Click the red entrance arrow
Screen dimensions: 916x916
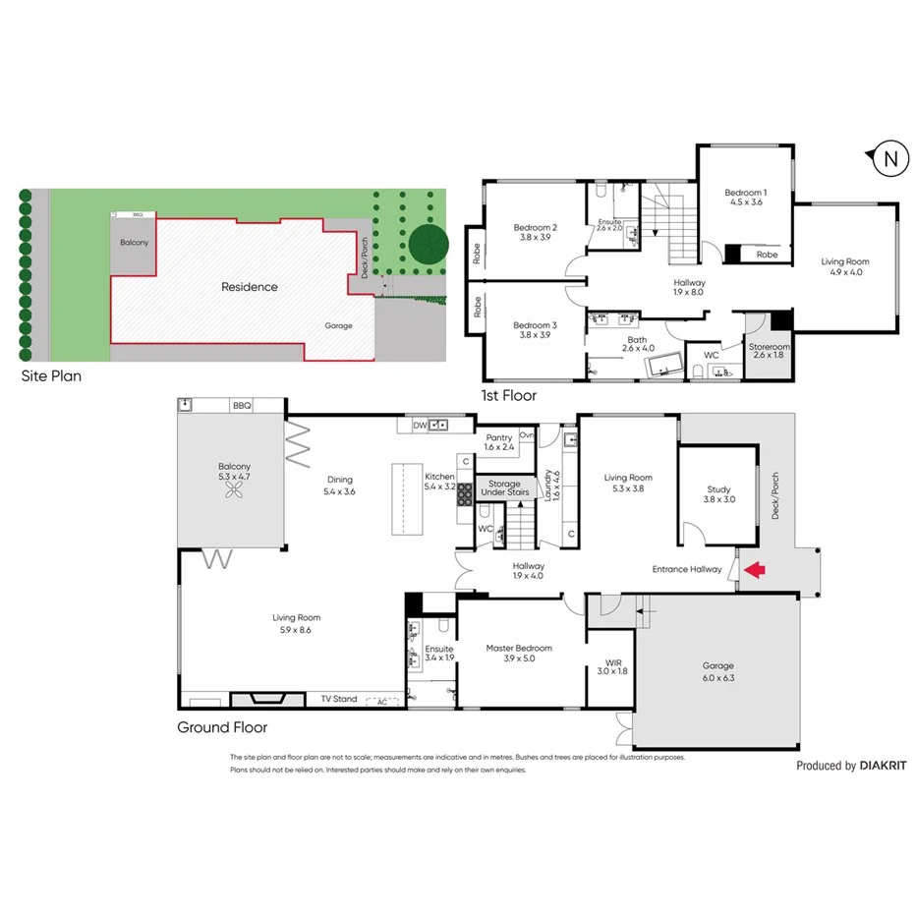point(754,569)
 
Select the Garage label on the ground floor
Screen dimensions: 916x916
point(716,671)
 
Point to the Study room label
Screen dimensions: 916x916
point(720,493)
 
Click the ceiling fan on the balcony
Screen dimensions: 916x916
point(235,493)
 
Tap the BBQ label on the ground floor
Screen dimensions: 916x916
point(242,406)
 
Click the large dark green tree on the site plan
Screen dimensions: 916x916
point(429,243)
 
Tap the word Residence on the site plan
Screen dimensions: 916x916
point(249,287)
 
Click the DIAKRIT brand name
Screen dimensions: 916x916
point(882,766)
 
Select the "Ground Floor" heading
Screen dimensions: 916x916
point(221,728)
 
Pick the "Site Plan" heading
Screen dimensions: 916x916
point(53,375)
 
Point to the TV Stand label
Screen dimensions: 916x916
point(338,699)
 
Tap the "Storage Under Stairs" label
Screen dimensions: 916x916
point(504,487)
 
